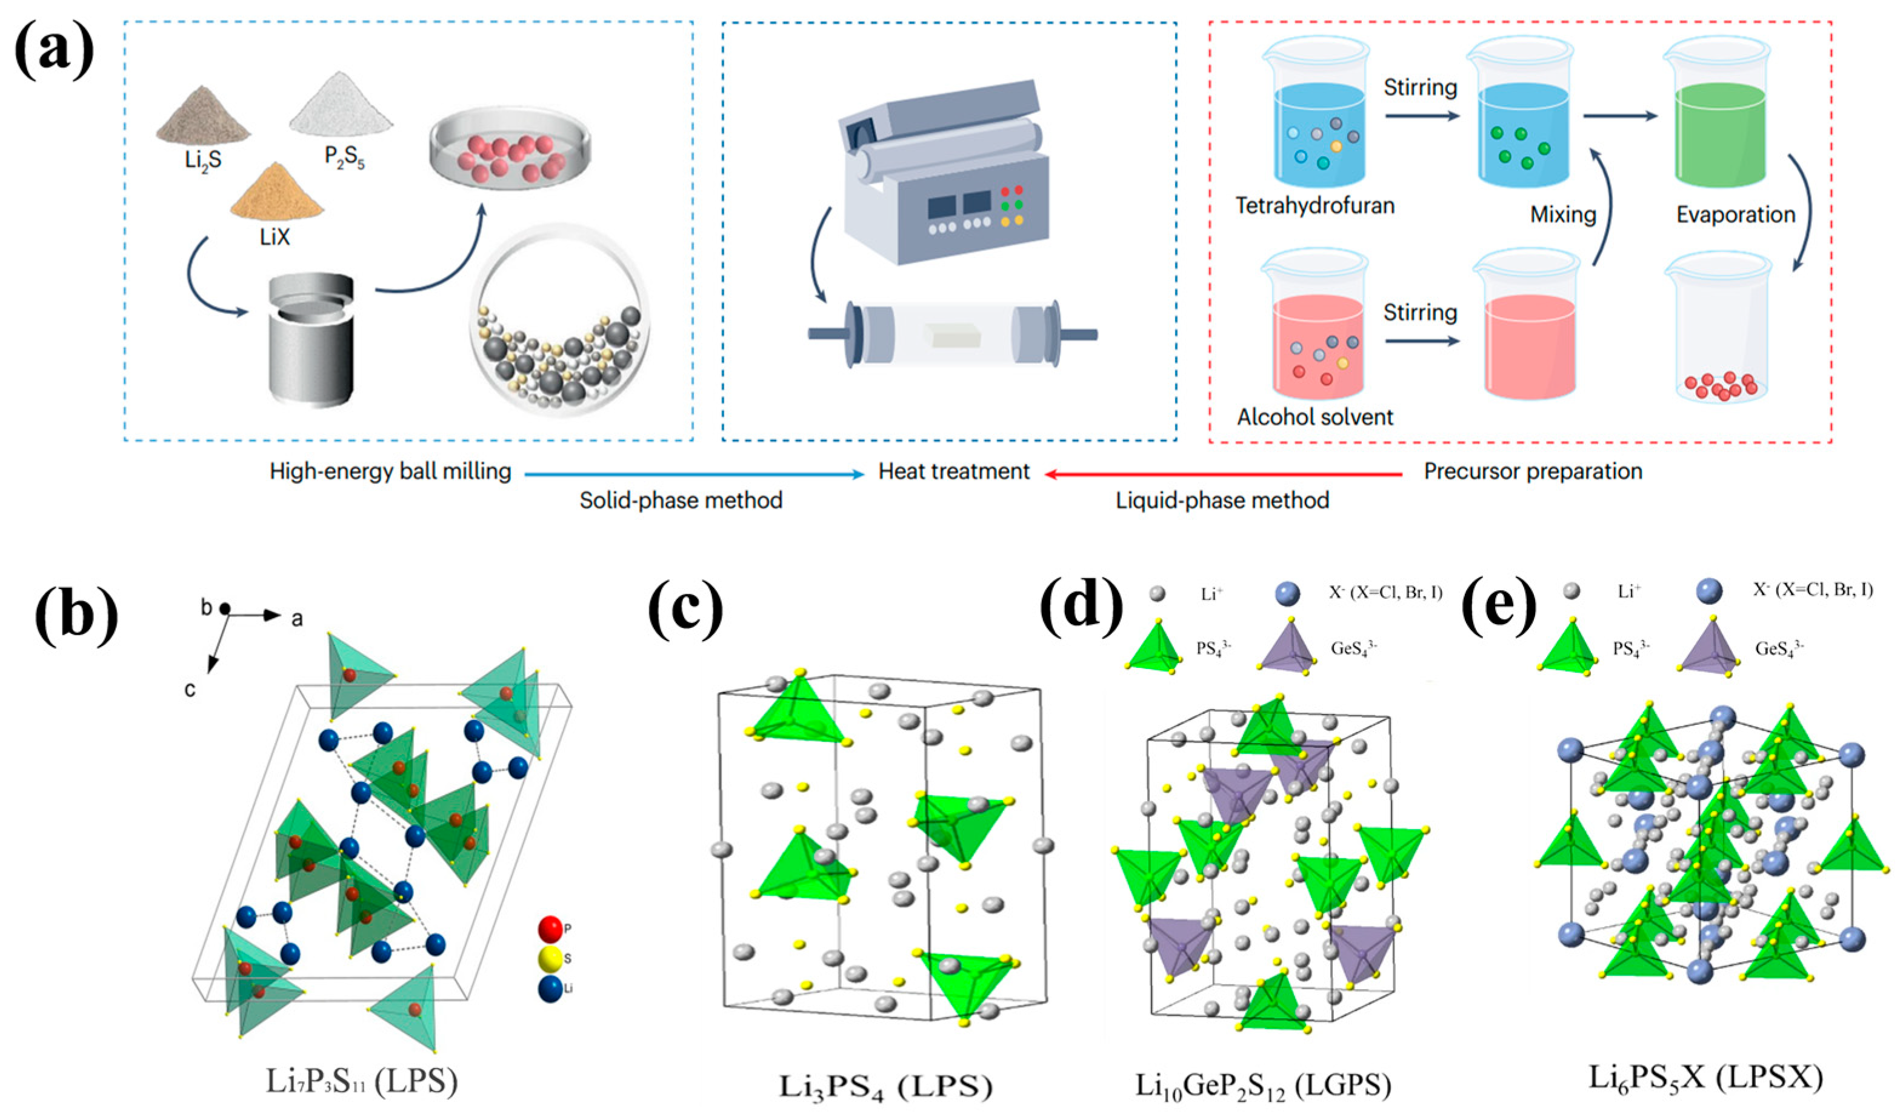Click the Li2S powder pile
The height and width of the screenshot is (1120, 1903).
pos(202,121)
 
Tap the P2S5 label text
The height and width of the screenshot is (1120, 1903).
pos(344,157)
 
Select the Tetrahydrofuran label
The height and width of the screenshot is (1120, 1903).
pos(1315,205)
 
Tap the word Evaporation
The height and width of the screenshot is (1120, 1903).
pos(1735,215)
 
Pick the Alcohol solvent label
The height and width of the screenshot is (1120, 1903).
pos(1315,417)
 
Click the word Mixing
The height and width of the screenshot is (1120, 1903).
pos(1562,215)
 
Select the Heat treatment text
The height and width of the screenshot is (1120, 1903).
pos(954,472)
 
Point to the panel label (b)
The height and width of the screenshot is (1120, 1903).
pos(76,616)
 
